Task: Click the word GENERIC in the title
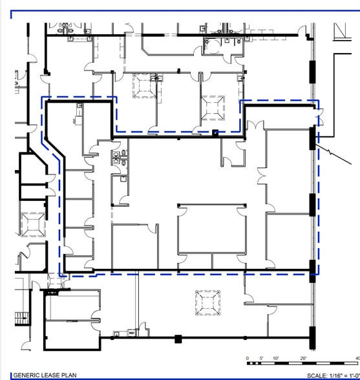click(26, 375)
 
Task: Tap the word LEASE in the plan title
click(51, 375)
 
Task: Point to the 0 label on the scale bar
click(248, 358)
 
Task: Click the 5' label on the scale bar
click(262, 358)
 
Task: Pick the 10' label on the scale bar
click(276, 358)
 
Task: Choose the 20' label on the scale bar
click(304, 358)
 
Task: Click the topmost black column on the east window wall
click(313, 67)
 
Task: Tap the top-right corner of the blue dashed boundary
click(318, 101)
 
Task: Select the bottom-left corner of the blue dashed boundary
click(61, 275)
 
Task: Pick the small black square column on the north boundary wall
click(215, 133)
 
